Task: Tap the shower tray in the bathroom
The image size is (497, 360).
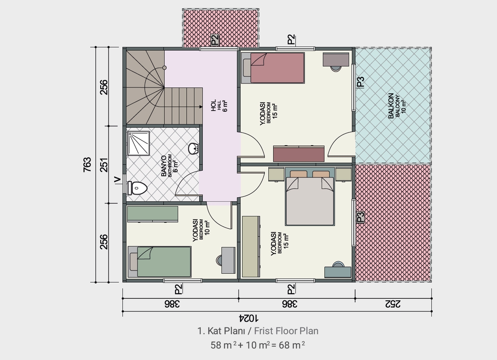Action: coord(138,143)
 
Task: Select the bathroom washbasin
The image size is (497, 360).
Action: coord(194,148)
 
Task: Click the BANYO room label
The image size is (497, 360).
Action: coord(163,166)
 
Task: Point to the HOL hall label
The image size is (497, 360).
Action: coord(214,105)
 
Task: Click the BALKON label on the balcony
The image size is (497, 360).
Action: coord(391,106)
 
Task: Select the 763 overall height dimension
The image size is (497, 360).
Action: coord(87,164)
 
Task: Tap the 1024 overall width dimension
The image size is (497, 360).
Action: coord(248,318)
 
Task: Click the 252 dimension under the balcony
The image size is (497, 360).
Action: coord(393,304)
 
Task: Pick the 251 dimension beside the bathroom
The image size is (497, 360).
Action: coord(104,165)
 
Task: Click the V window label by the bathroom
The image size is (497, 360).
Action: coord(117,180)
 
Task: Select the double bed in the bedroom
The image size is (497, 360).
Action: coord(310,197)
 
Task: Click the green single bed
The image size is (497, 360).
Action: coord(159,262)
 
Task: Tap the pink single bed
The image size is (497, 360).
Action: coord(273,68)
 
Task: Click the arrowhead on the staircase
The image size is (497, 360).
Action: coord(201,107)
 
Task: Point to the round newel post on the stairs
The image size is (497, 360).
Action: coord(165,68)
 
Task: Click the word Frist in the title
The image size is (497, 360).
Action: coord(264,331)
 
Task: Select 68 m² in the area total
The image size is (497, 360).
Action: coord(292,345)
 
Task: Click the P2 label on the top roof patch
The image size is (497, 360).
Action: coord(215,40)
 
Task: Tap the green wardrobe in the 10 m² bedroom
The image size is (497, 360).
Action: coord(153,214)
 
